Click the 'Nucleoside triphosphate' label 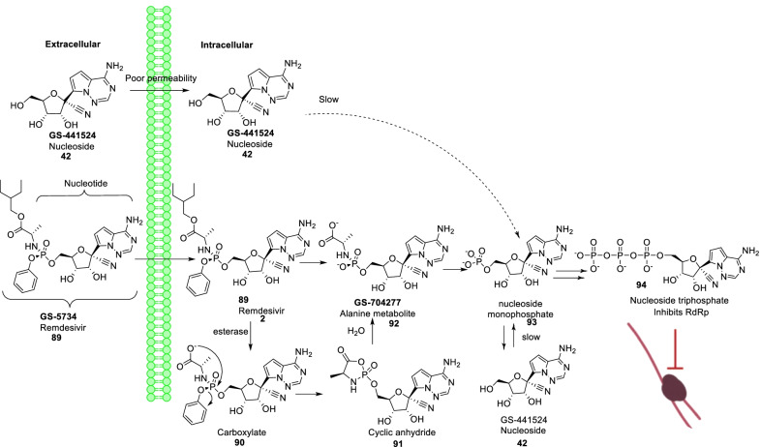[637, 311]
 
